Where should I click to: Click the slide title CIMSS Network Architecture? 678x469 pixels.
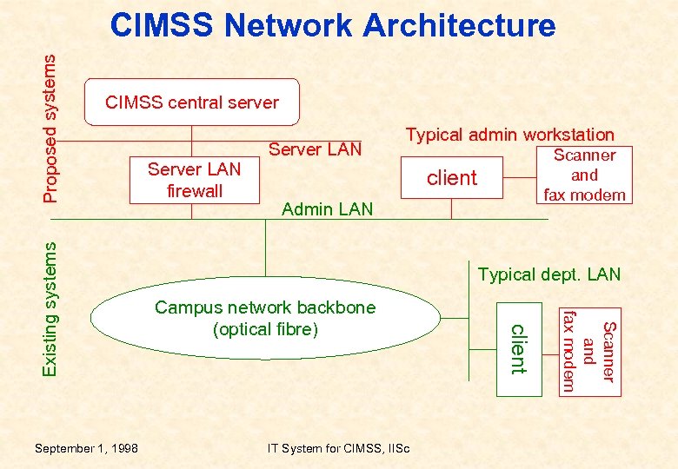click(x=332, y=25)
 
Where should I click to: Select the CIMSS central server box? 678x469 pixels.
click(x=191, y=102)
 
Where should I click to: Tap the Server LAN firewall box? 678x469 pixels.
click(x=195, y=180)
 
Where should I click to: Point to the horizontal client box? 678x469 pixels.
click(x=452, y=178)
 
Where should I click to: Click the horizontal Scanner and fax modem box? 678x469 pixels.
click(x=584, y=175)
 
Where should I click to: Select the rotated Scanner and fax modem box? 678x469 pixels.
click(x=590, y=350)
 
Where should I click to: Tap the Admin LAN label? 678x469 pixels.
click(x=328, y=208)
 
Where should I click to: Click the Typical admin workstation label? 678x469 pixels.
click(x=509, y=135)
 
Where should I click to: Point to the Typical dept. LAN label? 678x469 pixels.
click(x=549, y=274)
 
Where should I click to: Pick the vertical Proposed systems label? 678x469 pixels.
click(x=51, y=128)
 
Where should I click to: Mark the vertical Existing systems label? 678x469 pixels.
click(x=51, y=308)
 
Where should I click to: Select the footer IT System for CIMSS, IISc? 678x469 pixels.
click(x=340, y=448)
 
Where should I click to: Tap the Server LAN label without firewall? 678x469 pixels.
click(x=315, y=149)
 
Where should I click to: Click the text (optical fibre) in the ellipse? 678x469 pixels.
click(x=265, y=329)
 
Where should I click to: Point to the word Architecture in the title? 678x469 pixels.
click(x=459, y=25)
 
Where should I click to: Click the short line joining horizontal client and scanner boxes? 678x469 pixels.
click(x=522, y=178)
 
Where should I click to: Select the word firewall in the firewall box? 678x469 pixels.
click(x=195, y=190)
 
